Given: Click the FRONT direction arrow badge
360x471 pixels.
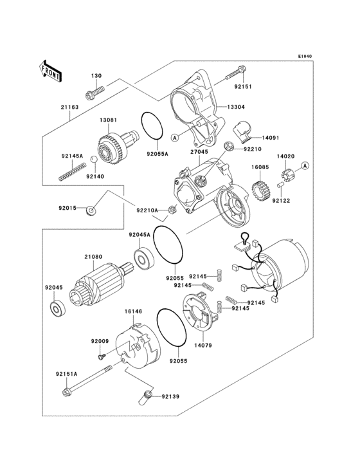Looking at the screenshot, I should click(x=51, y=70).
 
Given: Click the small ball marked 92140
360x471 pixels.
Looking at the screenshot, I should click(x=93, y=159).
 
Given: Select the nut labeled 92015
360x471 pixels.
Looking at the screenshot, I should click(x=93, y=210).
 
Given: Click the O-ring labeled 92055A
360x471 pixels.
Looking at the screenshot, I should click(x=150, y=125).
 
